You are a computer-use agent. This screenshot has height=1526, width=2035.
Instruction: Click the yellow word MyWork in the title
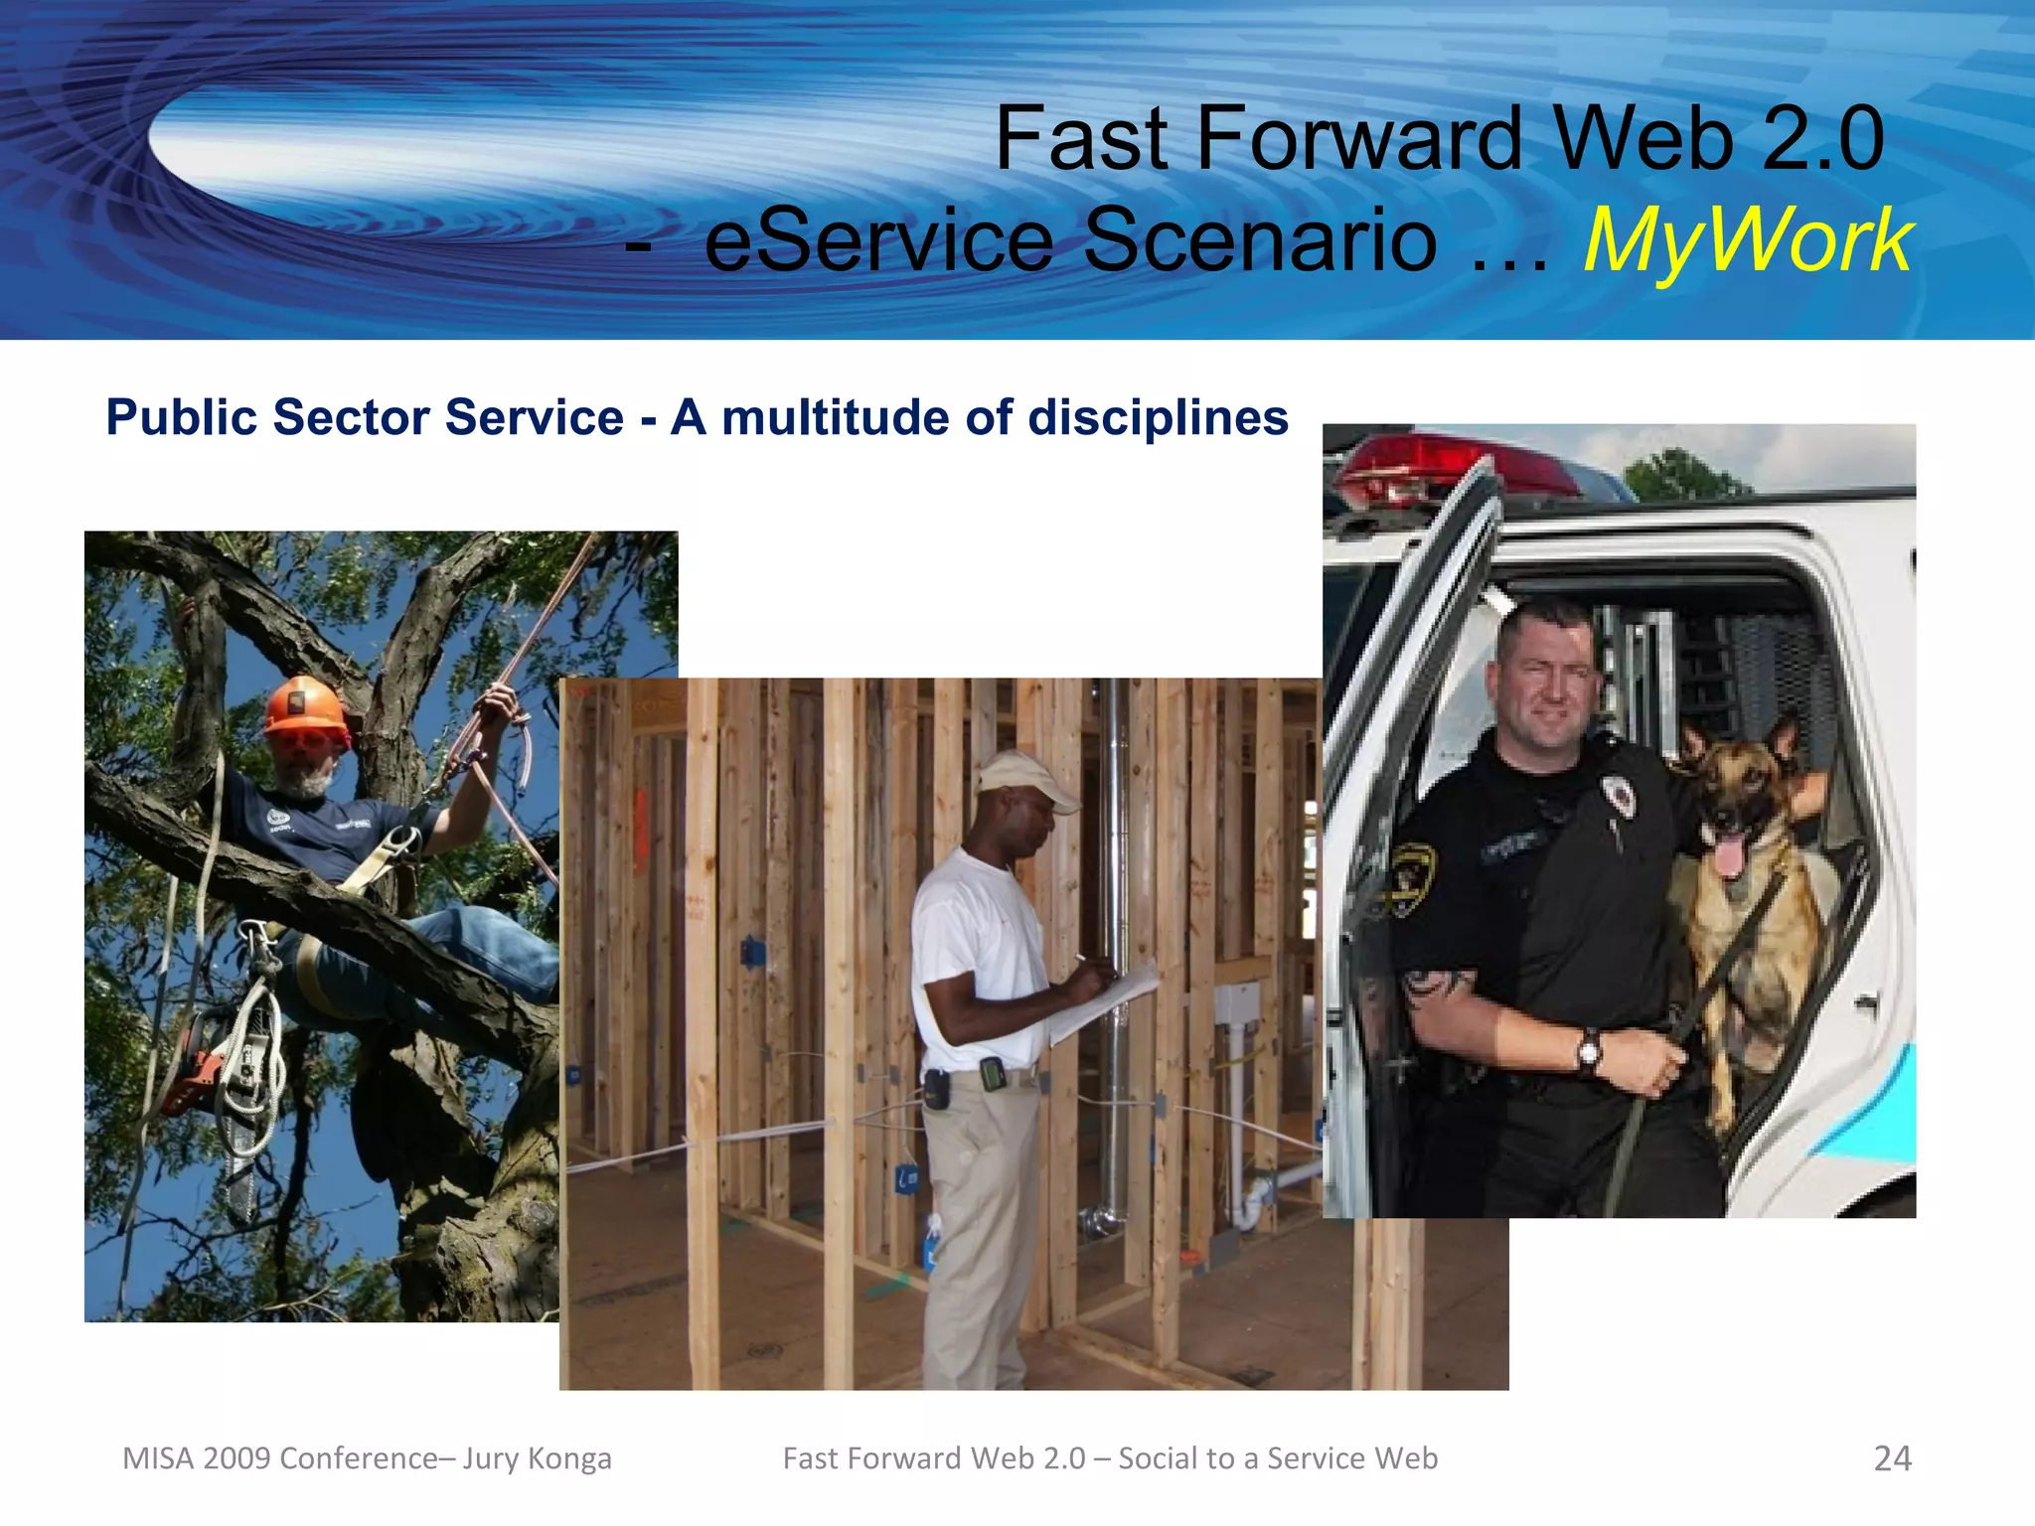[x=1747, y=241]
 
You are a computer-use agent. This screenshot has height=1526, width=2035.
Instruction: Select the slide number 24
[x=1892, y=1458]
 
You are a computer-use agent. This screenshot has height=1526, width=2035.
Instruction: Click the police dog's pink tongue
[x=1730, y=854]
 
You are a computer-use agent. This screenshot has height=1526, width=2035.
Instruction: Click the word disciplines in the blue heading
[x=1158, y=417]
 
